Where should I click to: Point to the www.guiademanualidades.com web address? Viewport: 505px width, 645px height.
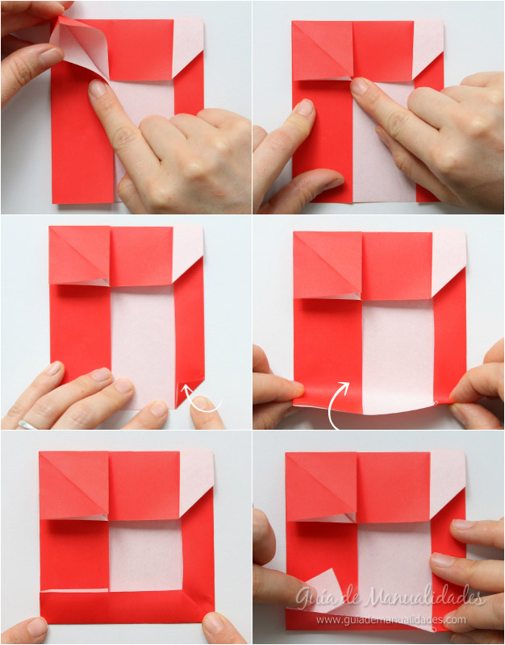coord(391,619)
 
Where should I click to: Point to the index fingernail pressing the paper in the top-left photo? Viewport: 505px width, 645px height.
coord(97,88)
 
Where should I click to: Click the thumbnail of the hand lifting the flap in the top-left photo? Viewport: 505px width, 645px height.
coord(51,56)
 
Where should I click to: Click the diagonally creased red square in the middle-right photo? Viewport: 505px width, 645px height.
coord(328,265)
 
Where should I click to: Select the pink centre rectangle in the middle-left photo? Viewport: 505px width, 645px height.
coord(143,347)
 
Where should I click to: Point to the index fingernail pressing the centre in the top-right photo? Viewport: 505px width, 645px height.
coord(359,86)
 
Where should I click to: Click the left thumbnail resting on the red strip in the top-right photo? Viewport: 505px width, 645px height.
coord(305,107)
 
